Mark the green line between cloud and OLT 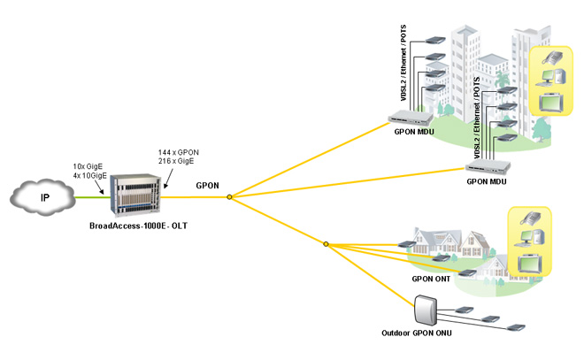pos(92,198)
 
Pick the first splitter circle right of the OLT pos(229,197)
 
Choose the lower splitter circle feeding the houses pos(326,244)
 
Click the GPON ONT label pos(430,280)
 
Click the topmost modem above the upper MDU pos(434,40)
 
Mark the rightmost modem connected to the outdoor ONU pos(514,327)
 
